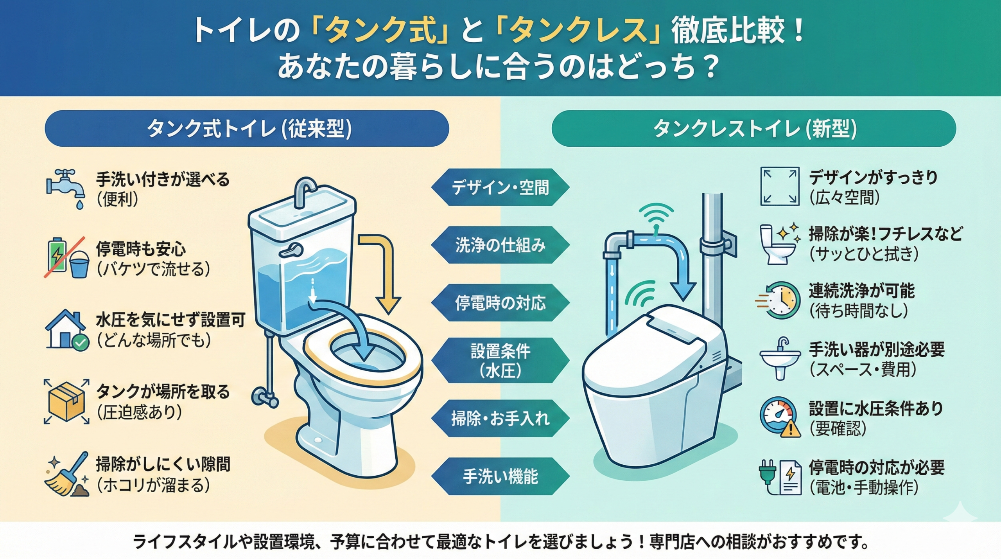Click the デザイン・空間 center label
500,187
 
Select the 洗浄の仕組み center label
500,245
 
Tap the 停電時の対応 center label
500,303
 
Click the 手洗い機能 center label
500,476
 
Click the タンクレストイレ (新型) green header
753,129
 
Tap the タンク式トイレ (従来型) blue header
247,129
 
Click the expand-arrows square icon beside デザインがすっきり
779,187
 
